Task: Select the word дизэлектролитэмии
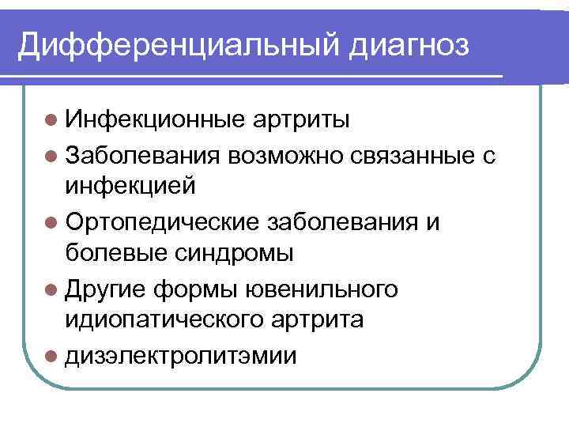click(181, 356)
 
